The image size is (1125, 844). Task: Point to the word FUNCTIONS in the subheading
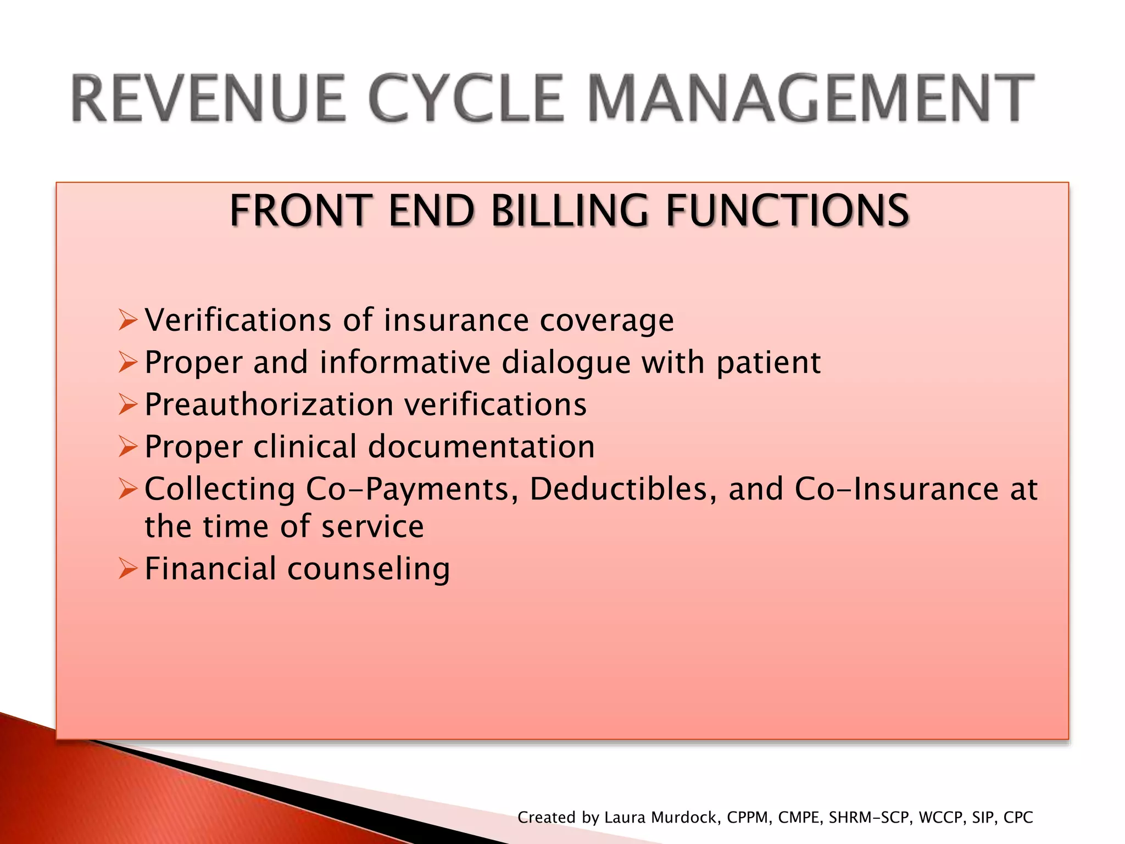point(787,211)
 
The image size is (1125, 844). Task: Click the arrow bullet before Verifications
point(127,320)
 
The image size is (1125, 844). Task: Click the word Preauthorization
point(269,405)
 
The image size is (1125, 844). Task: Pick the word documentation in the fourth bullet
point(481,447)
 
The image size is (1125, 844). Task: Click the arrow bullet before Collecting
point(127,489)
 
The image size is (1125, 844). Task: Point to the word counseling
point(369,569)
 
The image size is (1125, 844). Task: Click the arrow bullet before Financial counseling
point(127,569)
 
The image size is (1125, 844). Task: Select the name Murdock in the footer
point(684,818)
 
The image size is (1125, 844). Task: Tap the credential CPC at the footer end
point(1018,818)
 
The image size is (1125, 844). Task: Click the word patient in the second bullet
point(768,363)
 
